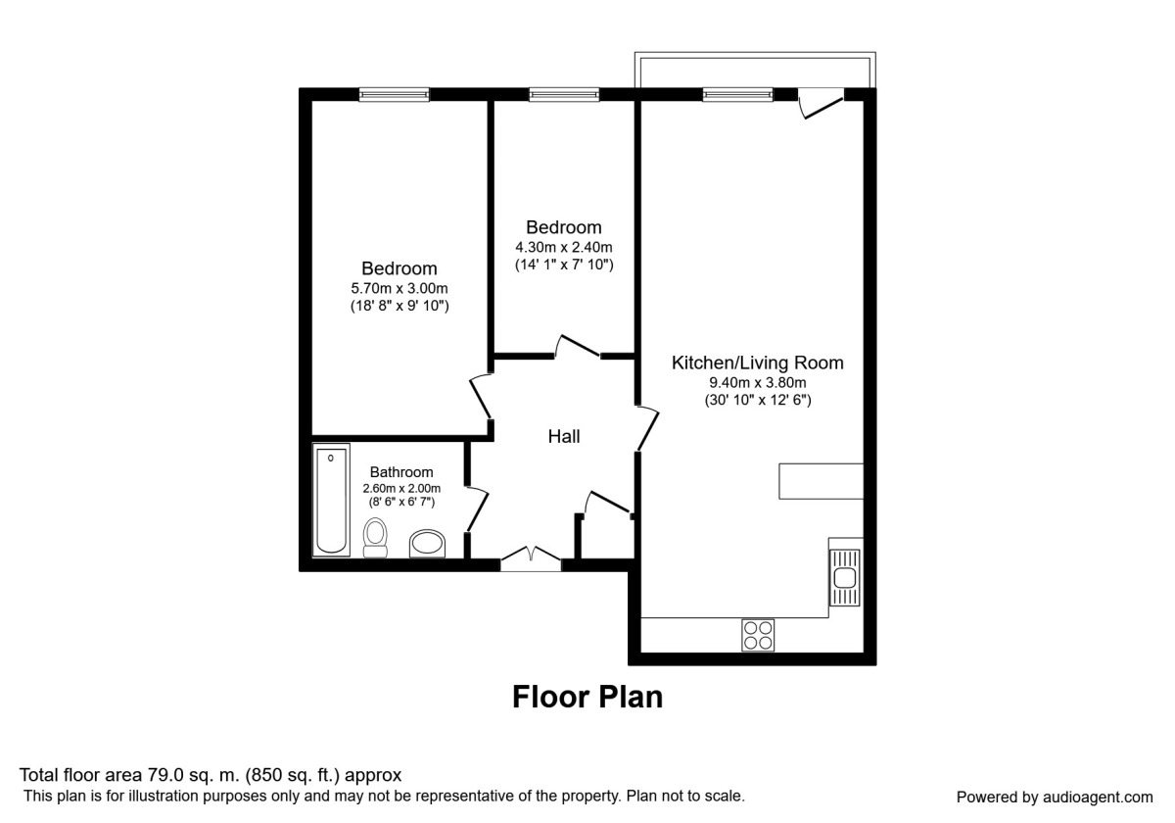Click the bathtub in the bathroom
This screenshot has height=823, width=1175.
tap(331, 500)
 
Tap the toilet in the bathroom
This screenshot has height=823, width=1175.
tap(375, 537)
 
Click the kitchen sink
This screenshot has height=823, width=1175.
tap(843, 577)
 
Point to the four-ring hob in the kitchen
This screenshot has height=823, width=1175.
tap(758, 634)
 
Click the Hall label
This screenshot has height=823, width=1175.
tap(564, 437)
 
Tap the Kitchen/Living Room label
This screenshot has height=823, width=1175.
tap(757, 363)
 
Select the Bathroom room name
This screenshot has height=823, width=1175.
tap(401, 472)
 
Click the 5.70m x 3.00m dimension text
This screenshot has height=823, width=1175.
tap(399, 288)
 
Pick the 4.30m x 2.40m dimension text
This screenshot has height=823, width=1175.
tap(564, 247)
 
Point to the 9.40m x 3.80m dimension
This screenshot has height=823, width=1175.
tap(757, 383)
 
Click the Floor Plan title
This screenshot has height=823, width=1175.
tap(587, 697)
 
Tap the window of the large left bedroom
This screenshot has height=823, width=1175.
tap(394, 95)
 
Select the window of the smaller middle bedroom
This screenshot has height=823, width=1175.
tap(564, 95)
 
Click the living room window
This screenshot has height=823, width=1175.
tap(737, 95)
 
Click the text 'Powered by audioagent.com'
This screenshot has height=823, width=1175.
tap(1055, 797)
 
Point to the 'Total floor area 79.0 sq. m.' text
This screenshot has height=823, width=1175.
tap(211, 775)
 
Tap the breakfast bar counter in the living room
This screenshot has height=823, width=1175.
tap(821, 480)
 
